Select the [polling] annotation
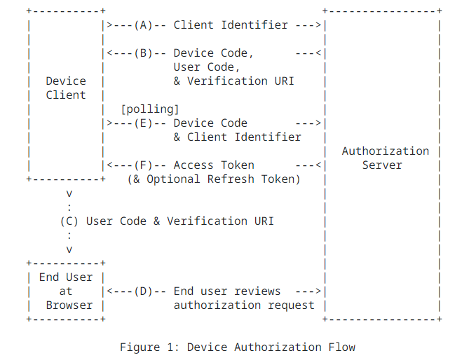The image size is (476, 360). (x=150, y=109)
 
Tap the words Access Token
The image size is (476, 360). (x=214, y=165)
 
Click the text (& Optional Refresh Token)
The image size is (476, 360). (x=214, y=179)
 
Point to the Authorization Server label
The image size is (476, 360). (x=385, y=158)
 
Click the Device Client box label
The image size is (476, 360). (x=66, y=88)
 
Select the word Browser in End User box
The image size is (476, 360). (x=69, y=305)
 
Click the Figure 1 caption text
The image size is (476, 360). (x=237, y=347)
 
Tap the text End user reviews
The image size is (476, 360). (x=227, y=291)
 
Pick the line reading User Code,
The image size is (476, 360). (x=207, y=67)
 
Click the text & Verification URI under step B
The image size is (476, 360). (x=233, y=81)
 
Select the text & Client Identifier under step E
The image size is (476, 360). (x=237, y=137)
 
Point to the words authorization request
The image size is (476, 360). (x=244, y=305)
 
